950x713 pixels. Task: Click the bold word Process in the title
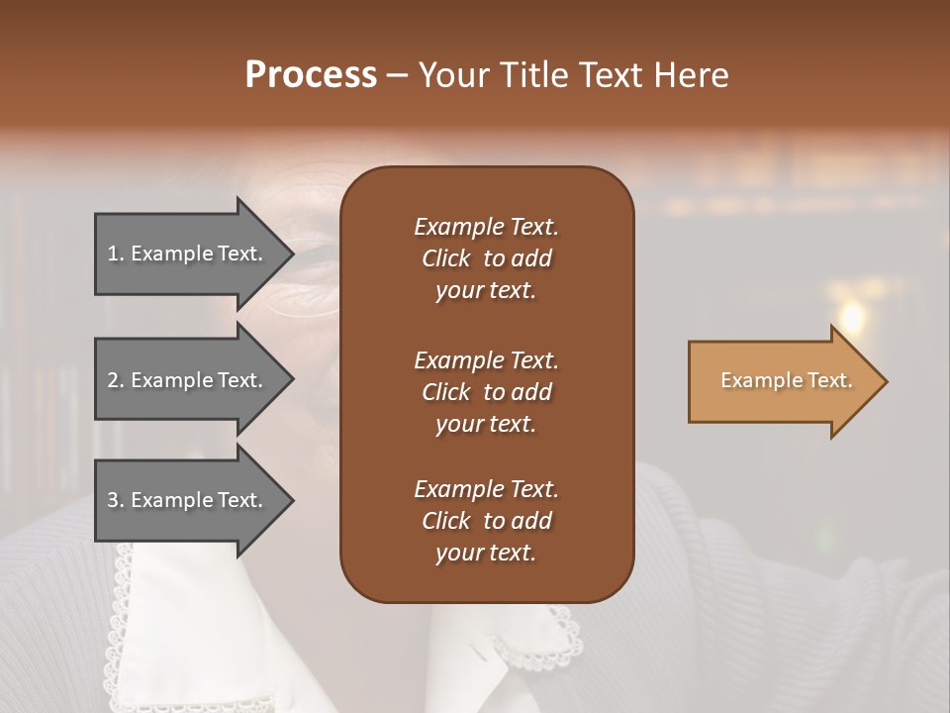pos(311,75)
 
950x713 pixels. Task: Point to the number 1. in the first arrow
pos(116,255)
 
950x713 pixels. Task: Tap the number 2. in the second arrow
pos(116,380)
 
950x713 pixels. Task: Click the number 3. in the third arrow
pos(116,501)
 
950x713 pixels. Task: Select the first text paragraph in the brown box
pos(486,258)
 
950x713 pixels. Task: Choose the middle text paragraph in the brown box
pos(486,391)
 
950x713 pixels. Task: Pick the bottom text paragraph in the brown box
pos(486,521)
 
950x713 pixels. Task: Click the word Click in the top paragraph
pos(445,258)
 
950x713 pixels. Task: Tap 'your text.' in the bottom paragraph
pos(486,554)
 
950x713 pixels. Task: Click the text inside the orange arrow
pos(786,381)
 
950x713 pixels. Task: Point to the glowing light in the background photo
pos(849,316)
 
